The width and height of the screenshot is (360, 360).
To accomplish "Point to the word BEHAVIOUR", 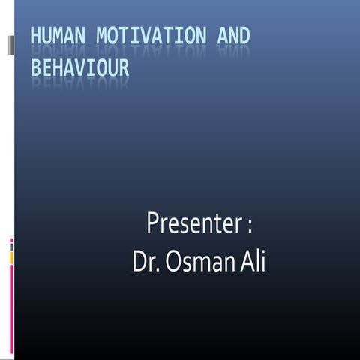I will pyautogui.click(x=79, y=68).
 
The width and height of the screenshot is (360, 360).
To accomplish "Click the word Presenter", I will pyautogui.click(x=194, y=223).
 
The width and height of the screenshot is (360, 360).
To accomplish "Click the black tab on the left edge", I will pyautogui.click(x=11, y=45).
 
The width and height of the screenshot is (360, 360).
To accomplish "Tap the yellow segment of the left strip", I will pyautogui.click(x=11, y=257).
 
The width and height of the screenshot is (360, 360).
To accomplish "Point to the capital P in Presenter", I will pyautogui.click(x=153, y=223).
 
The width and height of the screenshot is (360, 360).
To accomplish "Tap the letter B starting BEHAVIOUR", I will pyautogui.click(x=36, y=68).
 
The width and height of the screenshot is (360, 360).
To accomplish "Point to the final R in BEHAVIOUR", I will pyautogui.click(x=124, y=68).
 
